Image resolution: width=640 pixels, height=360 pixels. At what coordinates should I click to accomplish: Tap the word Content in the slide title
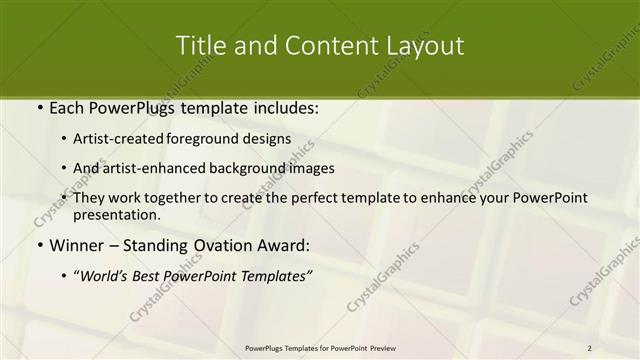[x=318, y=46]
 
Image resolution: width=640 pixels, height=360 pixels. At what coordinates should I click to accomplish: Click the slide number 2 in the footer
[x=589, y=348]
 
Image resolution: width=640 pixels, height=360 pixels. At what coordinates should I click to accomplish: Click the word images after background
[x=313, y=168]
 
